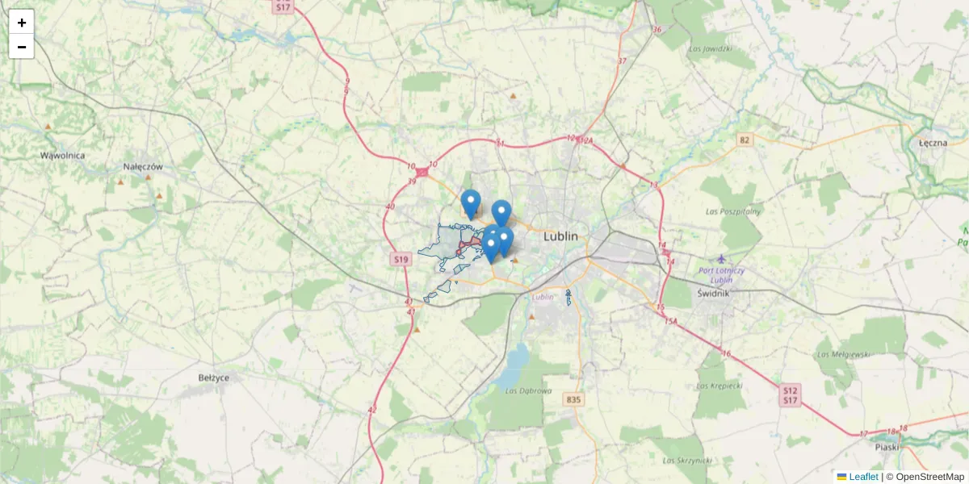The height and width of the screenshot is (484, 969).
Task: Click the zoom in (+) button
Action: [22, 23]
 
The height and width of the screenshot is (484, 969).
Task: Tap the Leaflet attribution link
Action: [862, 477]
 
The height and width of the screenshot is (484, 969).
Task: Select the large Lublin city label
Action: [561, 236]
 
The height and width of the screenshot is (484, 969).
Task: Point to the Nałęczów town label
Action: [143, 166]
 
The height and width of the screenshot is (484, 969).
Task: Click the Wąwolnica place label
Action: [63, 155]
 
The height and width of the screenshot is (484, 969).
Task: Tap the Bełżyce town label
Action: [214, 377]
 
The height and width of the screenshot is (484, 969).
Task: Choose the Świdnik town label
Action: [713, 293]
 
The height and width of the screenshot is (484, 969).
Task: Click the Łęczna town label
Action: [933, 142]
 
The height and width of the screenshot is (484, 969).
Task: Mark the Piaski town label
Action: [887, 446]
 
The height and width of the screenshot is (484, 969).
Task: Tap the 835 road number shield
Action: [574, 399]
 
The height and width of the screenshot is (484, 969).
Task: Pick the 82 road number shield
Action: [745, 140]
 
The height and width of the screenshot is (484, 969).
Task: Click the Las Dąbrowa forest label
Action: [528, 391]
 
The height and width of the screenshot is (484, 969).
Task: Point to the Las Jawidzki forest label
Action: [710, 48]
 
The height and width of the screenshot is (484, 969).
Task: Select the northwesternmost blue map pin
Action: [471, 202]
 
